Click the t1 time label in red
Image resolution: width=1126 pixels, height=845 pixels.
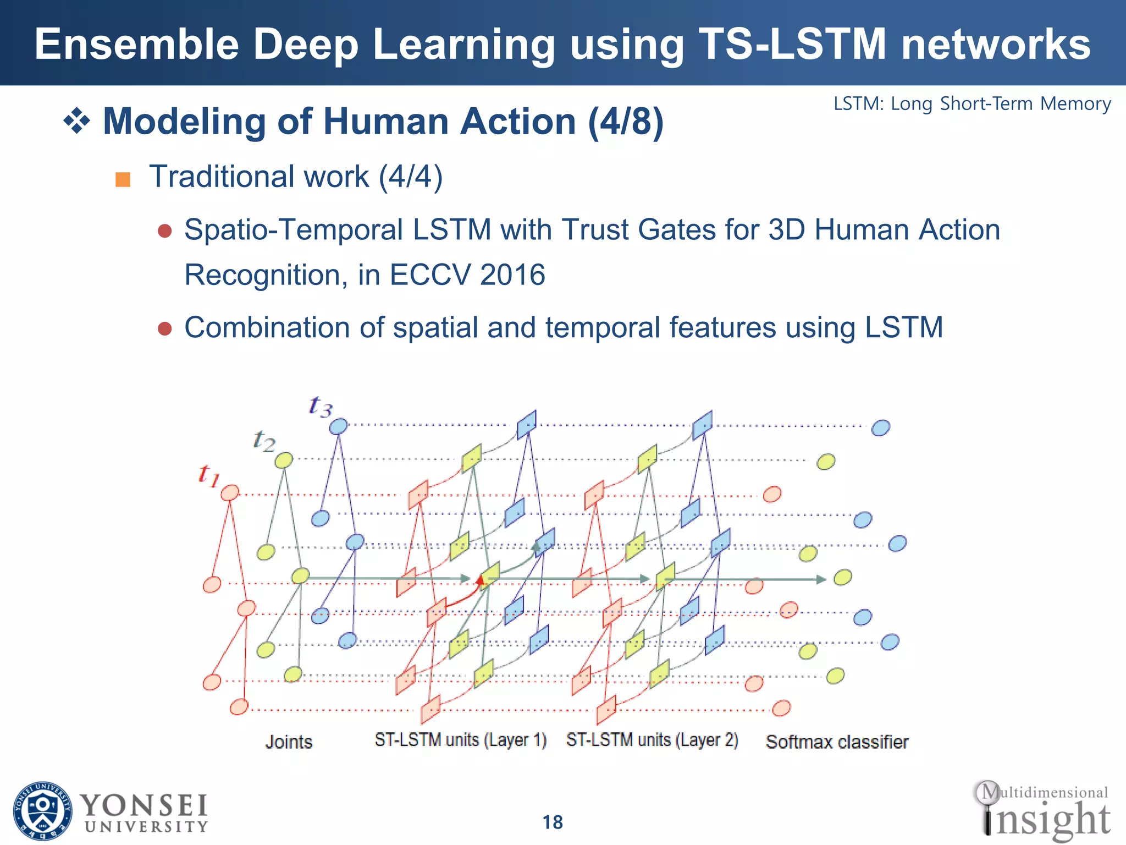click(x=209, y=475)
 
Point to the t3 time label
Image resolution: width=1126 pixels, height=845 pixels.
click(x=321, y=407)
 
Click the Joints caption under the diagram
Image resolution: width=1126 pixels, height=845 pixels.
click(x=289, y=742)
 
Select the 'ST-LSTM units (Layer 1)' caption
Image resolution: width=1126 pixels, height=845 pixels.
click(x=461, y=740)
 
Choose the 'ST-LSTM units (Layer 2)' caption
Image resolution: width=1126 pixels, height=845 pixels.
click(x=652, y=740)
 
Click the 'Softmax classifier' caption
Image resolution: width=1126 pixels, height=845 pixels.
click(x=837, y=742)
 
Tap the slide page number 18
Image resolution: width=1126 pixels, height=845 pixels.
click(x=553, y=822)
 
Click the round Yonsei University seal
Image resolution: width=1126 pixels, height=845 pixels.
click(x=42, y=811)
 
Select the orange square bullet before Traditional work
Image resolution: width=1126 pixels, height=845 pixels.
click(x=123, y=179)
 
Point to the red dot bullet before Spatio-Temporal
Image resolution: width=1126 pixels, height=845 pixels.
click(x=165, y=231)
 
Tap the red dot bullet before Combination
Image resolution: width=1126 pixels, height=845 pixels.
click(x=165, y=328)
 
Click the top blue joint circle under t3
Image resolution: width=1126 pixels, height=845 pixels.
click(x=338, y=426)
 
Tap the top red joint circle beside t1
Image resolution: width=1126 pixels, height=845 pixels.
click(x=230, y=492)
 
